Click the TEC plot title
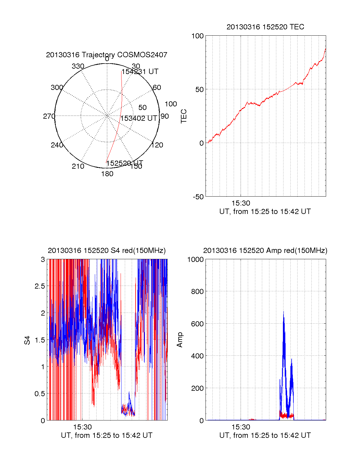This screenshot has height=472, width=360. [x=265, y=27]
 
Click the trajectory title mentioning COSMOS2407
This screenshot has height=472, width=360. [x=106, y=55]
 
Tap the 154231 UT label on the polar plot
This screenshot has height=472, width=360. [x=140, y=72]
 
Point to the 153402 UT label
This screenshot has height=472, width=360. [x=139, y=118]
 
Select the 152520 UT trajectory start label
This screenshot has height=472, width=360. [x=125, y=163]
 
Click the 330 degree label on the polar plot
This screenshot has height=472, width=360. [x=78, y=66]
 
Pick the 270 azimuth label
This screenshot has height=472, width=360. [x=49, y=116]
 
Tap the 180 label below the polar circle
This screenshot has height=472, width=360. [x=107, y=174]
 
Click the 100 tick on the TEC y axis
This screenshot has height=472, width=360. [x=197, y=36]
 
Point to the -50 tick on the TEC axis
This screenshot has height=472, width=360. [x=198, y=197]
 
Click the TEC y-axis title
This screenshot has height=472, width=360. [x=184, y=116]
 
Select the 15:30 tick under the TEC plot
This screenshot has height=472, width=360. [x=241, y=203]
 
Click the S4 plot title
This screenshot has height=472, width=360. [x=106, y=251]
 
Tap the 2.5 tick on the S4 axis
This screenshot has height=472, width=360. [x=40, y=286]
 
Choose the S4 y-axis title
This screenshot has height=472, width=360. [x=27, y=340]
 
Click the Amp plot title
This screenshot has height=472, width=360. [x=265, y=251]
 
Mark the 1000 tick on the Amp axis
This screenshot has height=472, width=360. [x=196, y=259]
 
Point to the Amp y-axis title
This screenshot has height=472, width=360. [x=180, y=340]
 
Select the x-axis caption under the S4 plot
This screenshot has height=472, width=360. [x=106, y=435]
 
